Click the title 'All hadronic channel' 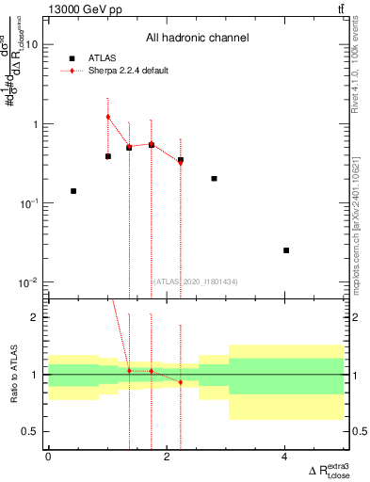[x=197, y=39]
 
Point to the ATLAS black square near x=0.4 [x=73, y=191]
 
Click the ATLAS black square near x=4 [x=286, y=250]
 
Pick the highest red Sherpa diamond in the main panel [x=108, y=117]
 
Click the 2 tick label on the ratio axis [x=34, y=317]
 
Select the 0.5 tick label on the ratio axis [x=30, y=431]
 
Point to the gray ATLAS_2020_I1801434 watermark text [x=196, y=281]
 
